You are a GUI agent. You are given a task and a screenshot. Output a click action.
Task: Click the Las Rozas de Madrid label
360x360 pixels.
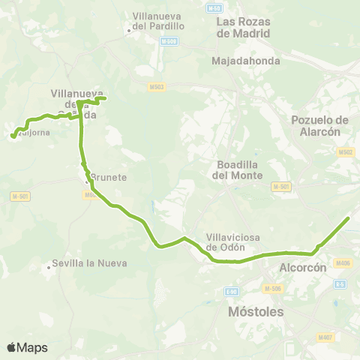tap(244, 27)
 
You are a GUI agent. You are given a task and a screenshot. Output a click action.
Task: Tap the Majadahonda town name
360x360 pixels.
tap(246, 61)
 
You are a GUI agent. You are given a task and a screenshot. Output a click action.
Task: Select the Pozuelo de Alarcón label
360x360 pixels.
tap(319, 125)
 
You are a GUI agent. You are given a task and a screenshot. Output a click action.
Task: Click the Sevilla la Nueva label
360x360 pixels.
tap(88, 264)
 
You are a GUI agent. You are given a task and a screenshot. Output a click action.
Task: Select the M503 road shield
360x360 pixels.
tap(157, 87)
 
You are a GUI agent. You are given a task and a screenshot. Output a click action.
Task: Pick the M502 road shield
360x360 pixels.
tap(345, 152)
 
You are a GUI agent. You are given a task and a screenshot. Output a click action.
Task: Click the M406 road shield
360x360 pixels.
tap(343, 262)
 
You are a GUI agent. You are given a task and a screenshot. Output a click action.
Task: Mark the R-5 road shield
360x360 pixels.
tap(340, 284)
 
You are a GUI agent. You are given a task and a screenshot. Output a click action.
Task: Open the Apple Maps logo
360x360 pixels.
tap(27, 347)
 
